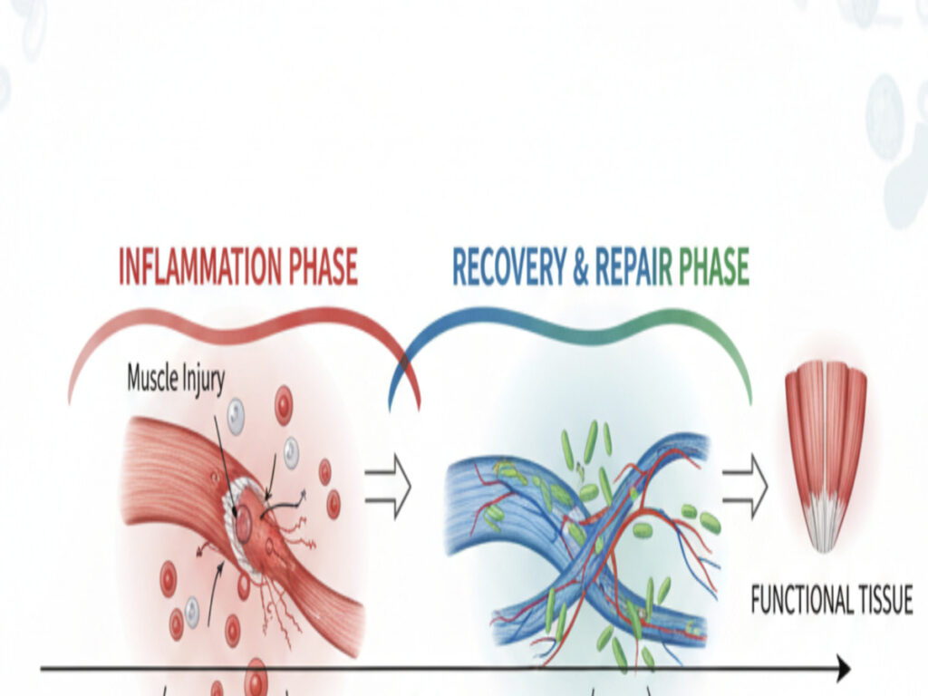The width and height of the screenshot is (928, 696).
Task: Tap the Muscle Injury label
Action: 175,378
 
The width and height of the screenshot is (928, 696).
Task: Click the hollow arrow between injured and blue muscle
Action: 387,487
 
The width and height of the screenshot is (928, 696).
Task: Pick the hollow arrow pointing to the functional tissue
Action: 745,487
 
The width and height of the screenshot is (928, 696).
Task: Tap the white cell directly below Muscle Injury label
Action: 235,416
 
